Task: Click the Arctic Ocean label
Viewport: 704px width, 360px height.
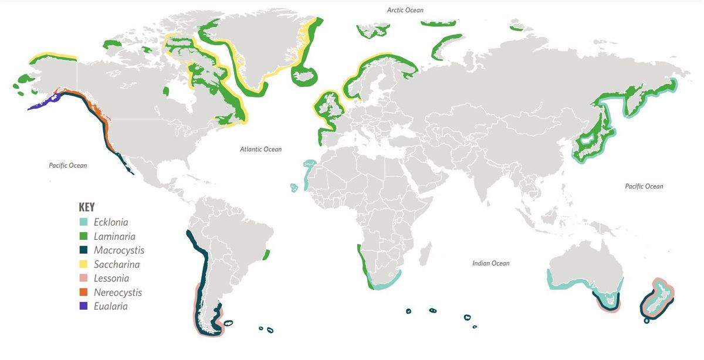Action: pyautogui.click(x=405, y=10)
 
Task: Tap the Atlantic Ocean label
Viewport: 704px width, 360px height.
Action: pyautogui.click(x=260, y=150)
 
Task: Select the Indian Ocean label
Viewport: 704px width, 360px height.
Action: pyautogui.click(x=490, y=263)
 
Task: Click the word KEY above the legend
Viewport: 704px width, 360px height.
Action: pyautogui.click(x=86, y=207)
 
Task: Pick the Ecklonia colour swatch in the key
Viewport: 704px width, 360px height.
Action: pyautogui.click(x=83, y=222)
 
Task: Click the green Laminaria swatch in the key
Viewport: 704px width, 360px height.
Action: pyautogui.click(x=83, y=236)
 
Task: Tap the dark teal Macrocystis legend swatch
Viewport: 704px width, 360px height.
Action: pyautogui.click(x=83, y=250)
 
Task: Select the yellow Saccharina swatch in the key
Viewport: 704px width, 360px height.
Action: pyautogui.click(x=83, y=264)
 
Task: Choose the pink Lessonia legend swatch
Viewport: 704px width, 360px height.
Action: pyautogui.click(x=83, y=279)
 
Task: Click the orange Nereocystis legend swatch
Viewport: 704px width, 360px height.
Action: pyautogui.click(x=83, y=292)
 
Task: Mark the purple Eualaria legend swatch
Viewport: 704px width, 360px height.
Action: pyautogui.click(x=83, y=306)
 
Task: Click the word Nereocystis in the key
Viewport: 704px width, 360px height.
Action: pyautogui.click(x=118, y=293)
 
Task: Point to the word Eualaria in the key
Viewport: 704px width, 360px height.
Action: pyautogui.click(x=110, y=306)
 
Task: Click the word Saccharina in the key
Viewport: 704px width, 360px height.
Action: pyautogui.click(x=117, y=264)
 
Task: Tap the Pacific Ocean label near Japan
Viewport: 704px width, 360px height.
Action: pyautogui.click(x=644, y=186)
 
